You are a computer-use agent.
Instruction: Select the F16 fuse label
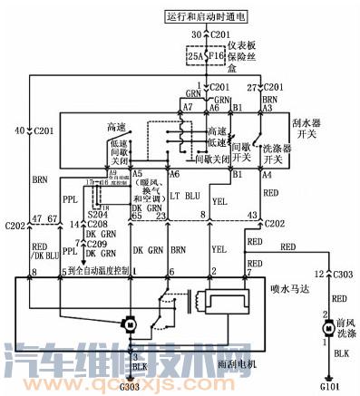click(215, 56)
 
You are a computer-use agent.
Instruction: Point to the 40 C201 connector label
click(36, 131)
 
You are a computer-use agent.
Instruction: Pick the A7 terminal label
click(189, 107)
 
